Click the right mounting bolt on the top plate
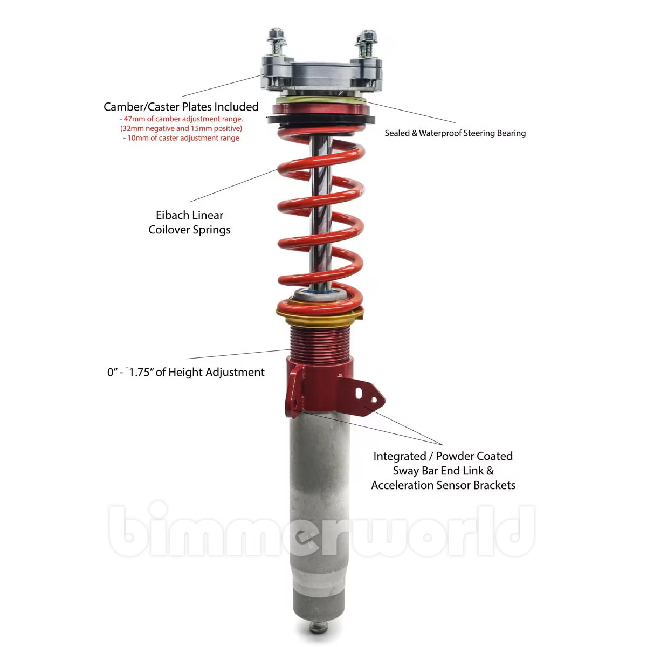pos(367,43)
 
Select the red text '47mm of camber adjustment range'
pos(181,119)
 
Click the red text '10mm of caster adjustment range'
pos(181,138)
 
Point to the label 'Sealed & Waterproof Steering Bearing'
pos(455,133)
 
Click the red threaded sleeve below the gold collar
pos(319,340)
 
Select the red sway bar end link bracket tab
pos(367,396)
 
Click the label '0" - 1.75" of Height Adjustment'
pos(185,372)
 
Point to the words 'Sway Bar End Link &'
pos(443,471)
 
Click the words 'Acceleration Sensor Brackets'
pos(443,485)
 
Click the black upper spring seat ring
pos(320,119)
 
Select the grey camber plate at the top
pos(321,74)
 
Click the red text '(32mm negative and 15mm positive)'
pos(181,128)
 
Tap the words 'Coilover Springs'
pos(189,230)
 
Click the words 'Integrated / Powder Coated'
pos(443,456)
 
